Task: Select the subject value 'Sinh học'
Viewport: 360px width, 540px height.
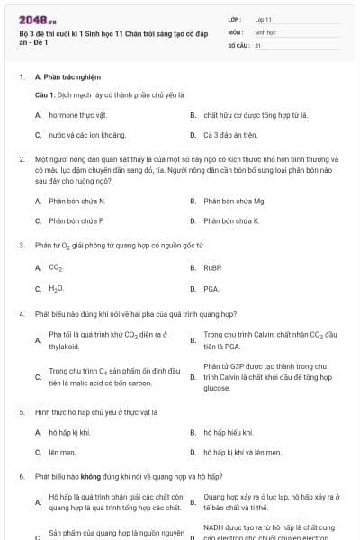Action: coord(265,31)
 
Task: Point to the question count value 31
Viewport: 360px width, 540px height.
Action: coord(258,44)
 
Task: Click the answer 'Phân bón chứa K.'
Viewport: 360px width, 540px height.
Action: coord(231,220)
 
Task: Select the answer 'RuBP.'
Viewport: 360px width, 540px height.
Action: coord(212,268)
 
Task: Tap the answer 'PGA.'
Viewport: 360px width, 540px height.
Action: coord(211,289)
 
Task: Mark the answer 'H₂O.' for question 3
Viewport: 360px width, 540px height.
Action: coord(56,289)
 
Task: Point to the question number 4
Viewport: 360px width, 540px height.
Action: coord(21,314)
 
